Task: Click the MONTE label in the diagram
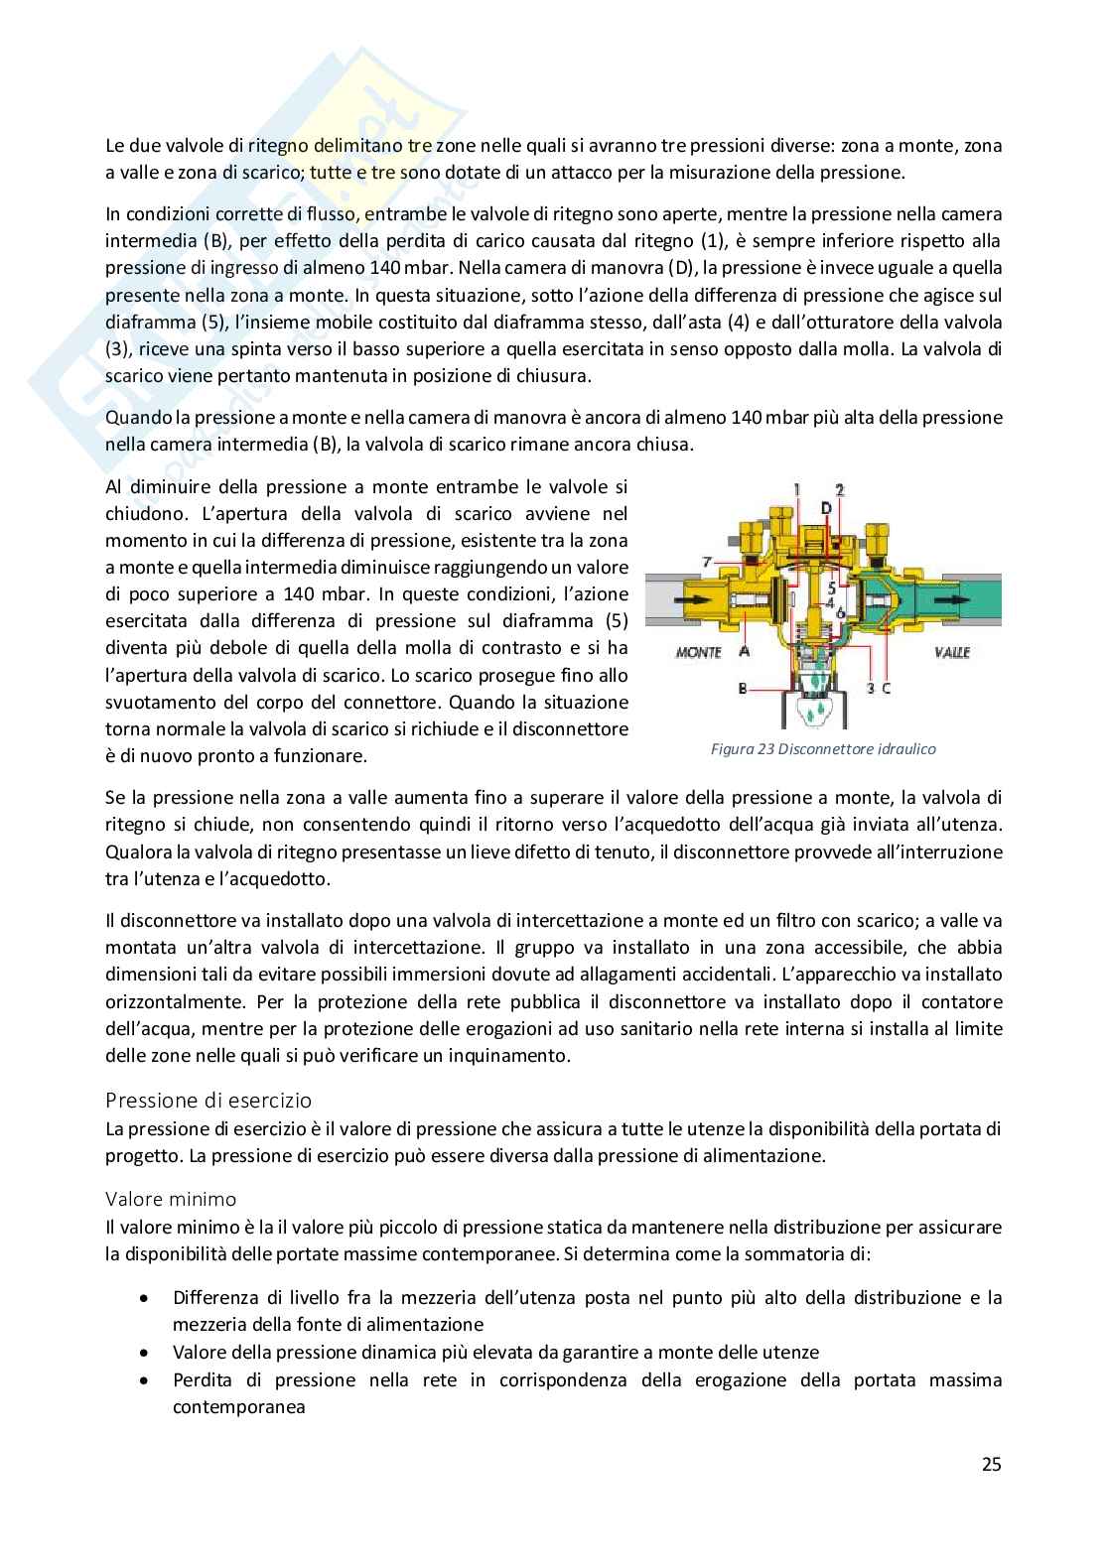699,652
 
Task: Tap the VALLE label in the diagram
950,652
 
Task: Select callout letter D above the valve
826,509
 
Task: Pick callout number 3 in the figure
870,687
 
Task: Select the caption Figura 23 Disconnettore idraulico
823,749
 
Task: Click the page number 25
991,1464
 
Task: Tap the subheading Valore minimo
172,1199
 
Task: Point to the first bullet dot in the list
146,1298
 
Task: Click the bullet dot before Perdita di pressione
146,1380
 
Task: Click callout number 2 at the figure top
840,489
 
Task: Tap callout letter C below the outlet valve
886,687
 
